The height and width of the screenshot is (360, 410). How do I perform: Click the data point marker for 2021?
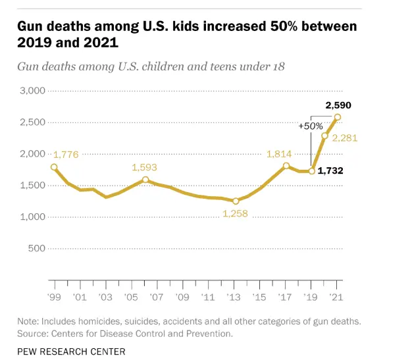coord(338,118)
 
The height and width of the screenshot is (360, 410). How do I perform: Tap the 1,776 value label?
coord(66,155)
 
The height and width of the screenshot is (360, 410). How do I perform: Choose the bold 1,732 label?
coord(330,171)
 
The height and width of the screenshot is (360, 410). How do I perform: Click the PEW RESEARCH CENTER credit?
coord(71,352)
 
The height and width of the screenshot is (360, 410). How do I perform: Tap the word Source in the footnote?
coord(32,333)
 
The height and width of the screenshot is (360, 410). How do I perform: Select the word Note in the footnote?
coord(28,321)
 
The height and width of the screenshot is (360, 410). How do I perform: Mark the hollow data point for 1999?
coord(54,167)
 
